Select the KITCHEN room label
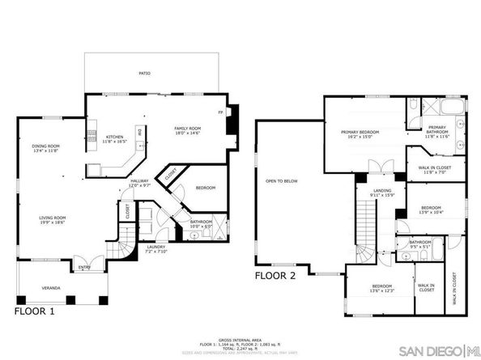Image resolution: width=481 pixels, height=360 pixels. [x=115, y=139]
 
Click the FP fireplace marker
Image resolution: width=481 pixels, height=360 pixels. [x=220, y=112]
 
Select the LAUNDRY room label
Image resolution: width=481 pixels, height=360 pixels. [x=155, y=248]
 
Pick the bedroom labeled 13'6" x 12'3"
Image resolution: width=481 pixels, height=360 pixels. [x=383, y=289]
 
